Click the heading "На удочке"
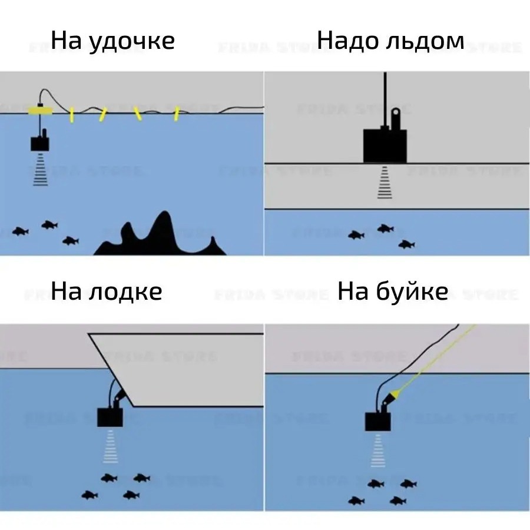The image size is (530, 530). click(112, 41)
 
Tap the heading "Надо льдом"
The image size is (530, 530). click(390, 41)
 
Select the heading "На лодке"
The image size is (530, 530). click(107, 291)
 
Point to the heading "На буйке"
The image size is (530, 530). click(393, 291)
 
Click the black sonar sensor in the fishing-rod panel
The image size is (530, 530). click(41, 143)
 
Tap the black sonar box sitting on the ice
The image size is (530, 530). click(385, 145)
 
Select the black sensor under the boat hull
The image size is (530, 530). click(110, 417)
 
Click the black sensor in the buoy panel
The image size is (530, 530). click(377, 422)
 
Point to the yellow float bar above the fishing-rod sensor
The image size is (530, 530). click(41, 110)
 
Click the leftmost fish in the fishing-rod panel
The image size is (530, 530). click(21, 231)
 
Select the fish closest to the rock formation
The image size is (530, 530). click(71, 240)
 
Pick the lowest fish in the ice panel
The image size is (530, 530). click(406, 244)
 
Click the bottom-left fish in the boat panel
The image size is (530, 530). click(90, 495)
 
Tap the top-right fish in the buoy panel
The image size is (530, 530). click(408, 483)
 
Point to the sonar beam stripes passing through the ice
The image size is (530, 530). click(384, 183)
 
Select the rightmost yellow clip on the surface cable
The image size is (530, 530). click(175, 114)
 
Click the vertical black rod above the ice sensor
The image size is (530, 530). click(385, 97)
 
